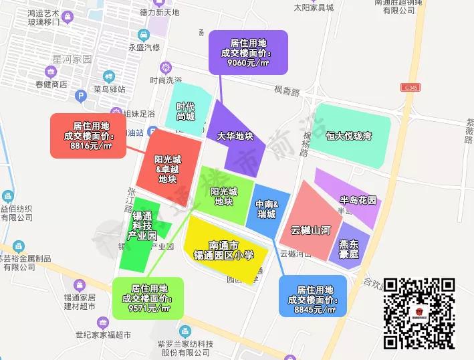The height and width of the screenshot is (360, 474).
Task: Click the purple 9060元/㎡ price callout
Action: click(248, 52)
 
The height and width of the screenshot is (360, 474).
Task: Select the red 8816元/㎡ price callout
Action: click(88, 136)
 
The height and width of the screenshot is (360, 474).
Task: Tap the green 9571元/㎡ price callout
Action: click(147, 298)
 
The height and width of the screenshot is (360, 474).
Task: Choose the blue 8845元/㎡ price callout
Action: click(313, 296)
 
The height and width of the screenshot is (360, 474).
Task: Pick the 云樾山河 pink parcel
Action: click(310, 222)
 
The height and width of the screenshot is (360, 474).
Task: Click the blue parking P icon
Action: click(82, 96)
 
